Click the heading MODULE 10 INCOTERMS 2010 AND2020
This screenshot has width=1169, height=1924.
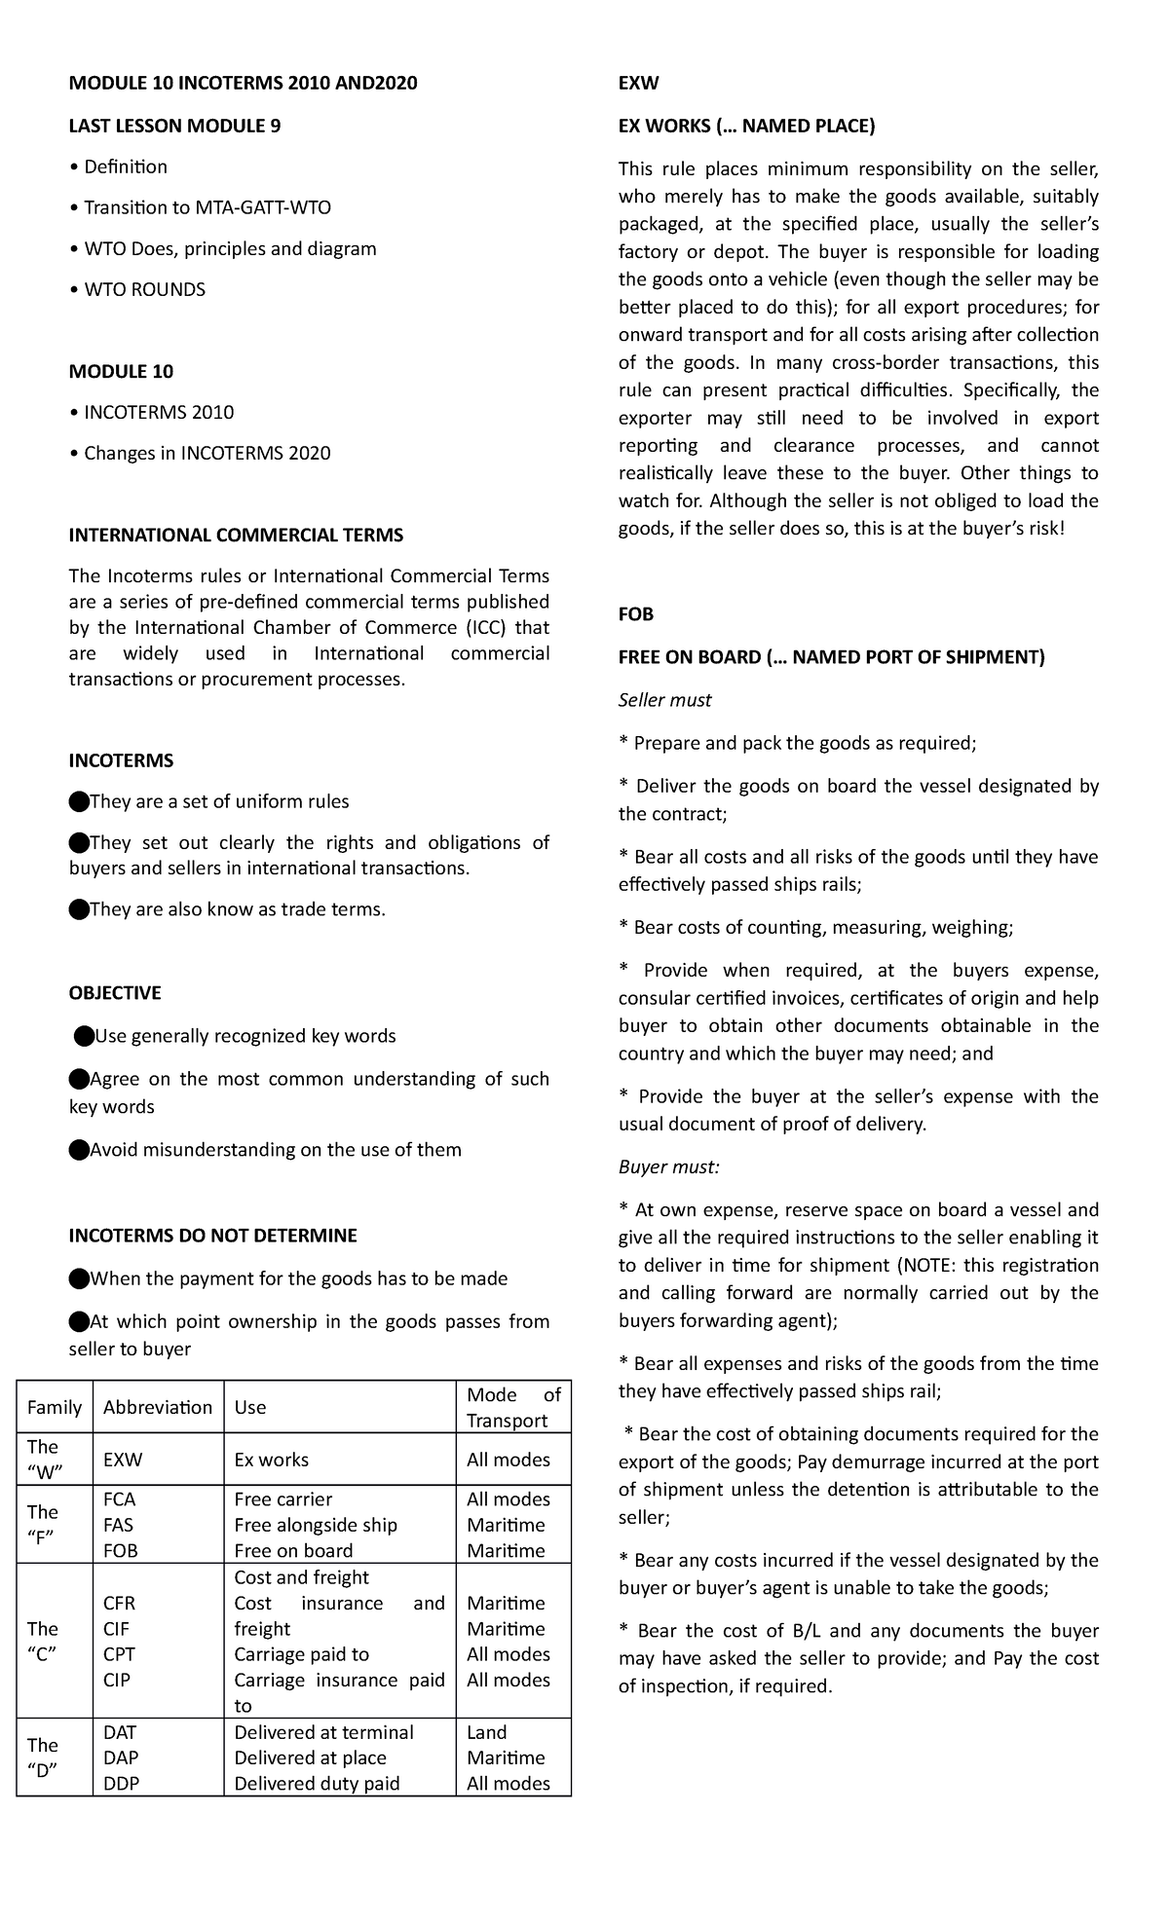point(243,83)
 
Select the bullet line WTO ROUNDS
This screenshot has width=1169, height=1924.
point(144,289)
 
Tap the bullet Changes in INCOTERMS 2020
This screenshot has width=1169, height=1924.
point(207,453)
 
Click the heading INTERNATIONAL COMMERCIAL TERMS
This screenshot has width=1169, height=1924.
point(236,535)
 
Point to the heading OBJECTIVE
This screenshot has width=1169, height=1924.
point(115,993)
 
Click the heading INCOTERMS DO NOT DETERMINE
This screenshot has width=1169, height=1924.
point(212,1236)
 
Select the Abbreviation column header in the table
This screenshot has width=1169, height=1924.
point(157,1407)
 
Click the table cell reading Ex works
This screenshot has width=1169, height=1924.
point(271,1460)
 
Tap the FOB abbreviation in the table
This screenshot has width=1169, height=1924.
point(121,1550)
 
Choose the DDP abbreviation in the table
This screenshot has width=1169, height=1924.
point(121,1783)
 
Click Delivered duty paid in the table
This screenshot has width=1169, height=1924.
point(317,1783)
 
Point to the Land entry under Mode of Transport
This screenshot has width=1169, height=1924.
point(486,1732)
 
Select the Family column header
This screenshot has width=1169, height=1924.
point(55,1407)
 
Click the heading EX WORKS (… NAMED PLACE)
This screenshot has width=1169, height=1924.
point(746,126)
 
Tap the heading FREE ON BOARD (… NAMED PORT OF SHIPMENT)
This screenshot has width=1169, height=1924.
point(831,657)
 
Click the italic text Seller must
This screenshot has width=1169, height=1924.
point(664,700)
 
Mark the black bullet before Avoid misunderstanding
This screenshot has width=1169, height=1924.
point(78,1150)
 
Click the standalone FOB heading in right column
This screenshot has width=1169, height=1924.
point(636,614)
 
